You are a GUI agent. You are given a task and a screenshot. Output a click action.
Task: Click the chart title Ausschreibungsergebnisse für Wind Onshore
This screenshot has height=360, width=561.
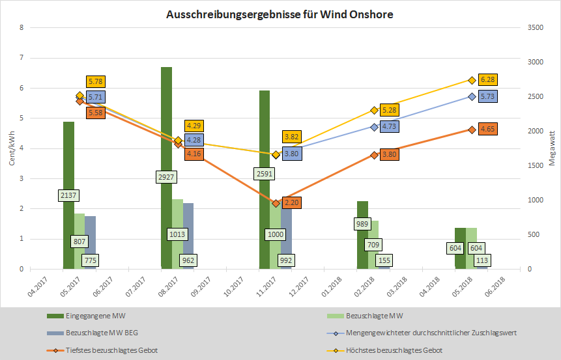[x=280, y=14]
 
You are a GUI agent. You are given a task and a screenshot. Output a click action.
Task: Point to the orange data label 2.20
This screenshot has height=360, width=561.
[x=291, y=202]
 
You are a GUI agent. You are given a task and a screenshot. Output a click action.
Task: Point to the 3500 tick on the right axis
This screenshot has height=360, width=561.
[x=534, y=28]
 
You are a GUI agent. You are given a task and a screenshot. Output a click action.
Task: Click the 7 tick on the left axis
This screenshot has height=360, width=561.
[x=22, y=58]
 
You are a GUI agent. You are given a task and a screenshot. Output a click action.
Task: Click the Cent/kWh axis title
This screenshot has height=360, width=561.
[x=11, y=148]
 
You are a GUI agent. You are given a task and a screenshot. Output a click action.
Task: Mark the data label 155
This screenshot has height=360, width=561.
[x=384, y=259]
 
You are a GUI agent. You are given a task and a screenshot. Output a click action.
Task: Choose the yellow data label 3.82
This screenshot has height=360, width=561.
[x=291, y=137]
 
